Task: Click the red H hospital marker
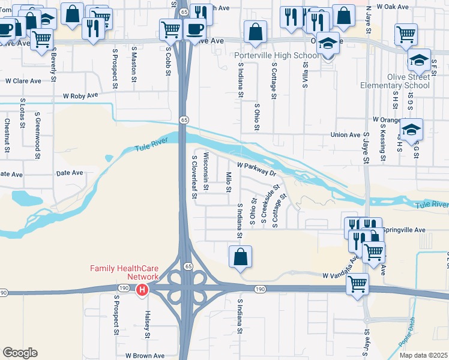click(x=142, y=290)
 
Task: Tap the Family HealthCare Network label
click(x=124, y=272)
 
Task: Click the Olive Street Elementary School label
click(x=395, y=81)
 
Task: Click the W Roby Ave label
click(x=80, y=95)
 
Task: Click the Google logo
click(x=20, y=353)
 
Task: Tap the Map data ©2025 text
click(x=427, y=355)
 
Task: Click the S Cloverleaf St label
click(x=194, y=177)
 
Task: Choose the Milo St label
click(x=229, y=182)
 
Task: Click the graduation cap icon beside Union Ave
click(x=412, y=130)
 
